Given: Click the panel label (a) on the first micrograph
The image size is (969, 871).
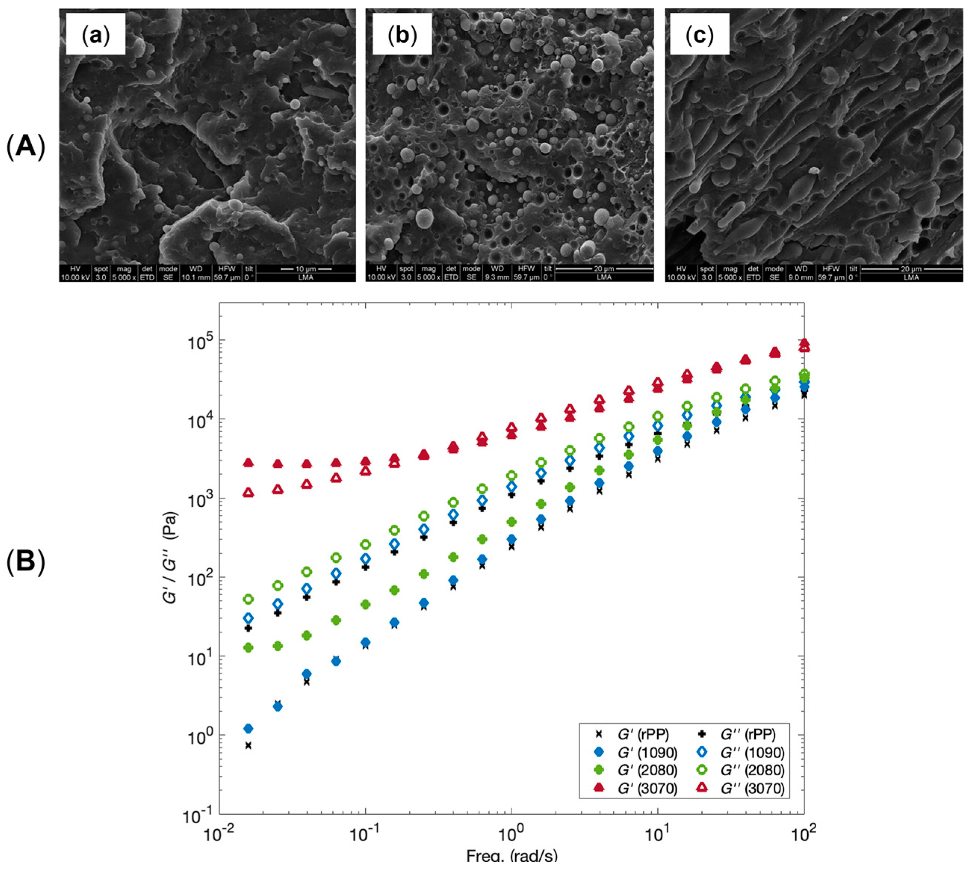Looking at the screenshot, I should coord(96,34).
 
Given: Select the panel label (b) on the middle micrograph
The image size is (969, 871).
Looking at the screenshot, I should coord(402,34).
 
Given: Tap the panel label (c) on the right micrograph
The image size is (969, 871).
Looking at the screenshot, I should coord(699,34).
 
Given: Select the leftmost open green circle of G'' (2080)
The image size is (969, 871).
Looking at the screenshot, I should coord(248,599).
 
